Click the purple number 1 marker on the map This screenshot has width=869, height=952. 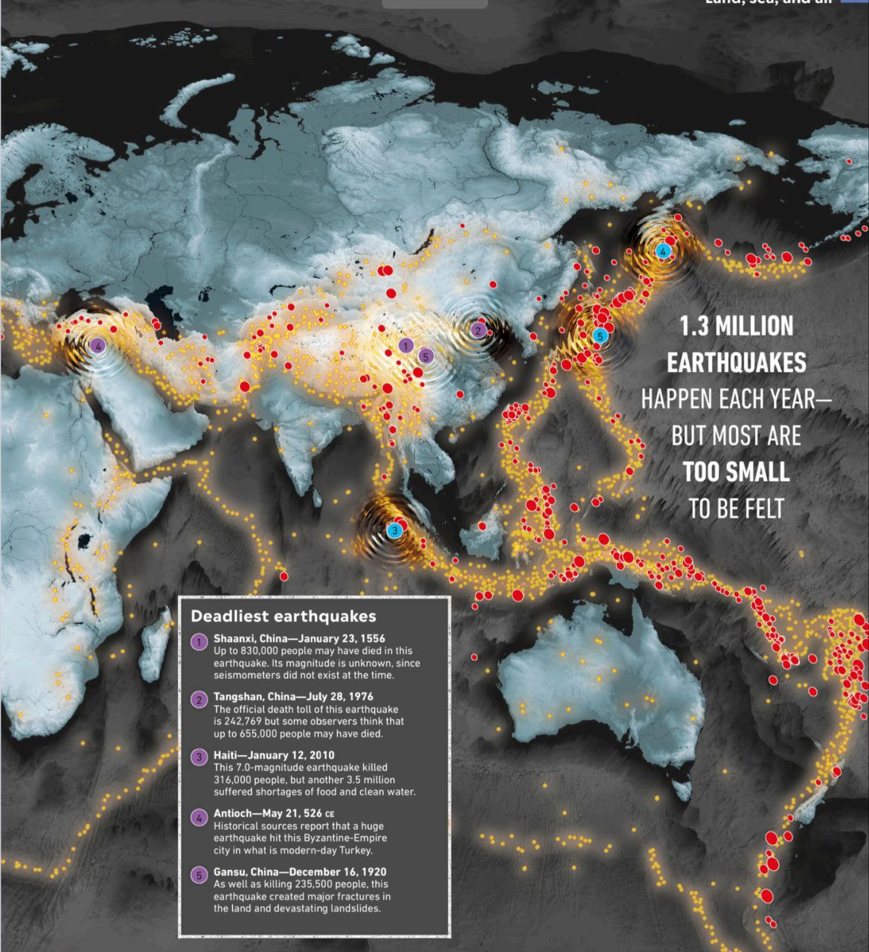point(405,345)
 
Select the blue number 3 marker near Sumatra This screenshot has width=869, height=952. point(394,530)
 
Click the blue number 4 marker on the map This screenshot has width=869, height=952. point(662,251)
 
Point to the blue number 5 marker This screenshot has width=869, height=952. point(600,336)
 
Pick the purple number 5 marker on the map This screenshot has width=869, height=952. point(425,356)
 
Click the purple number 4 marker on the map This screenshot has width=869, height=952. point(96,345)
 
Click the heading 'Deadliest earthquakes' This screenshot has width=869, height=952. point(283,616)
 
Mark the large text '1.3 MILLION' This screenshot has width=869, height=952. point(736,326)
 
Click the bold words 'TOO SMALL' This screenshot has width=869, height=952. point(736,472)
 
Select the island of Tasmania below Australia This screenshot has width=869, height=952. point(679,781)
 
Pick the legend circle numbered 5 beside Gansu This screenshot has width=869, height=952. point(199,875)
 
